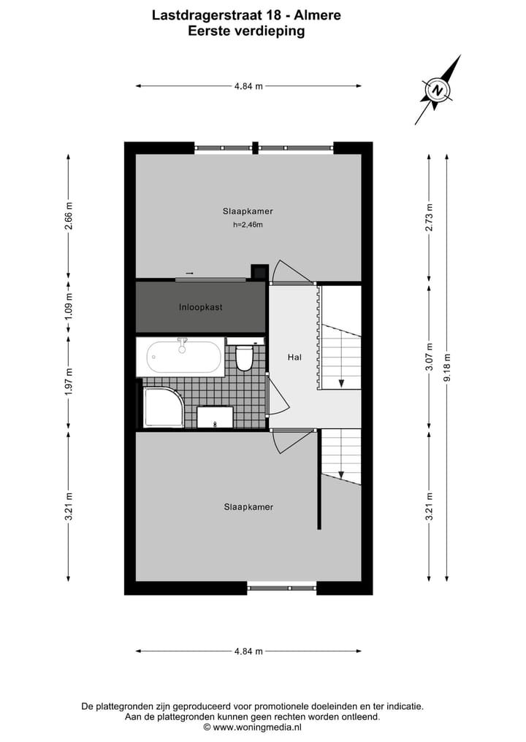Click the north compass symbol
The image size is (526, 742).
click(x=438, y=90)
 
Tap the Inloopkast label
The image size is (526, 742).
click(x=201, y=307)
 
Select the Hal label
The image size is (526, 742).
click(x=295, y=358)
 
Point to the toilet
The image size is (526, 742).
click(x=244, y=357)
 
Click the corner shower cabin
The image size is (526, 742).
click(x=162, y=407)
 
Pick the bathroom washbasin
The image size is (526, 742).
click(x=215, y=417)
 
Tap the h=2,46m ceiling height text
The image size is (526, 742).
click(x=248, y=225)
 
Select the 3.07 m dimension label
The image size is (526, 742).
click(x=430, y=357)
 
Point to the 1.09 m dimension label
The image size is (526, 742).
click(x=69, y=307)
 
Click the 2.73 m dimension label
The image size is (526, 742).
click(x=430, y=216)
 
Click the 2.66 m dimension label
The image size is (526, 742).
click(x=69, y=216)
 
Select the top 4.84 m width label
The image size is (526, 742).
click(x=248, y=86)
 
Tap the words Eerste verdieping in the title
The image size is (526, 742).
click(x=246, y=31)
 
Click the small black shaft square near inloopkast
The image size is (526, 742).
click(x=259, y=271)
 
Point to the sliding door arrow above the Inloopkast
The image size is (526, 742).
click(x=189, y=273)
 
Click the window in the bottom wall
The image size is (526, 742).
click(x=281, y=587)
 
